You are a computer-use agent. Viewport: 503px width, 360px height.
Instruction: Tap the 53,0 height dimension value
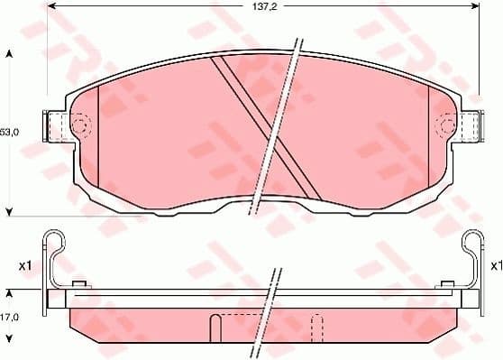(x=8, y=132)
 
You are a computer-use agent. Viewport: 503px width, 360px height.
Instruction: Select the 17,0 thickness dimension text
(x=8, y=318)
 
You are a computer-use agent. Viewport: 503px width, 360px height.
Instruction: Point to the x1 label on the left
(x=24, y=265)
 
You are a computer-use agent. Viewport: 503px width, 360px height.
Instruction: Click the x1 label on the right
(x=495, y=265)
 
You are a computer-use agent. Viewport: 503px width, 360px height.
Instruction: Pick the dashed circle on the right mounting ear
(x=444, y=125)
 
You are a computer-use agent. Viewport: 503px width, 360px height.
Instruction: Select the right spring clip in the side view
(x=470, y=257)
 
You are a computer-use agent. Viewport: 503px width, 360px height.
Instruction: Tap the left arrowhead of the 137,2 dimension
(x=50, y=7)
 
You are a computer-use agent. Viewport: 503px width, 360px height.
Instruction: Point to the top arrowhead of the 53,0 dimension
(x=9, y=54)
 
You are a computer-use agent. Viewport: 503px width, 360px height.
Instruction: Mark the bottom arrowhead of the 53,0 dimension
(x=9, y=211)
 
